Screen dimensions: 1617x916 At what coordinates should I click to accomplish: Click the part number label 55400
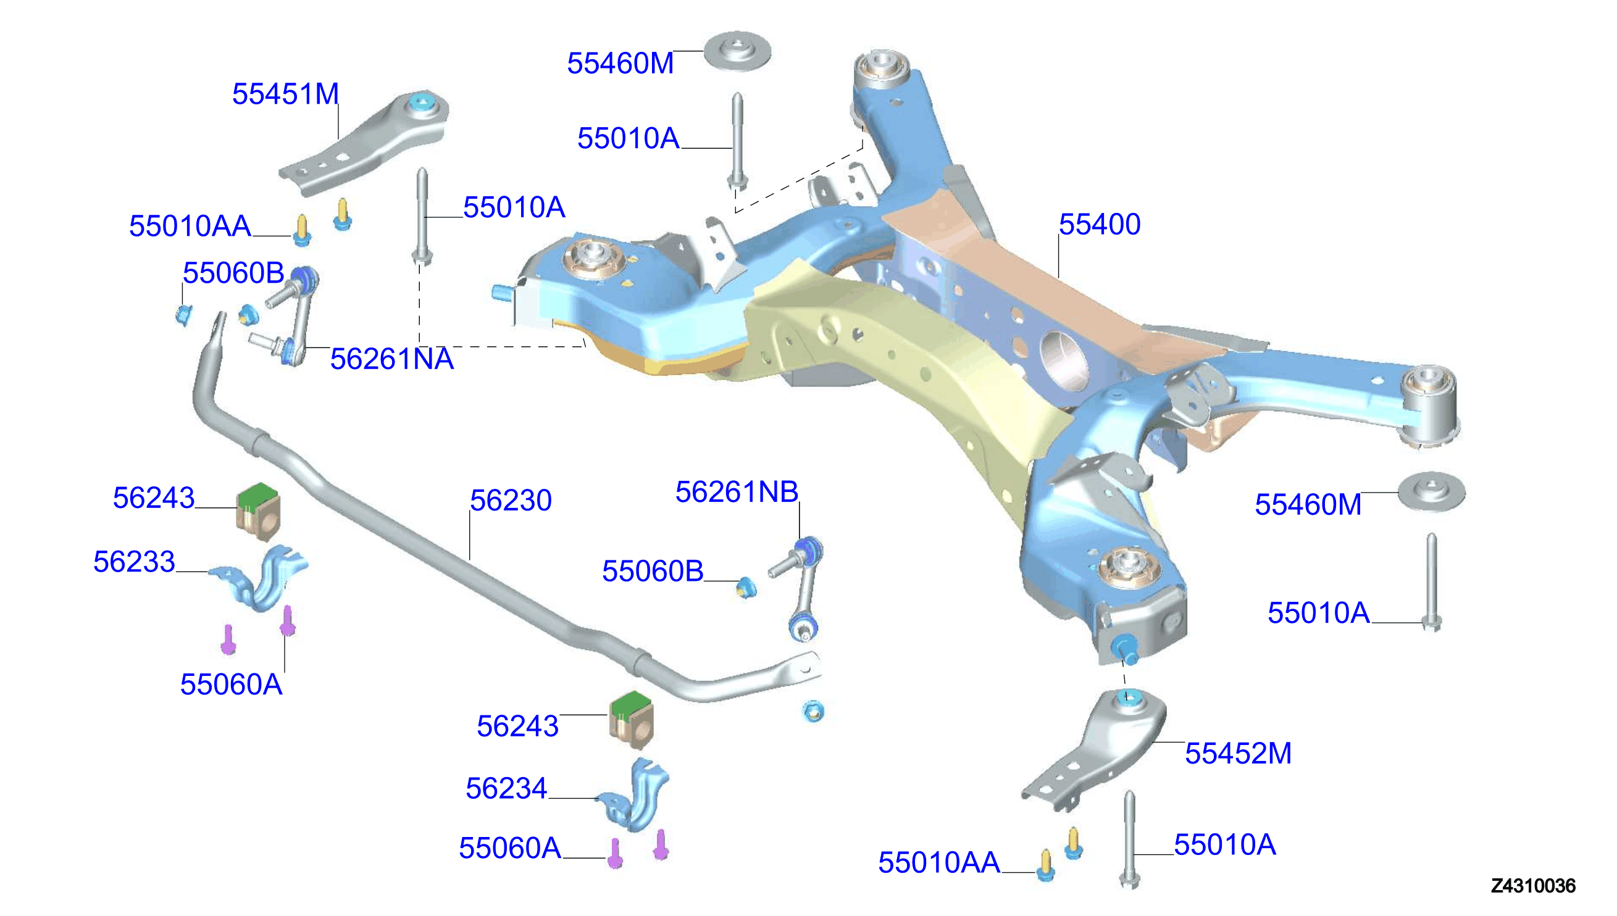1099,225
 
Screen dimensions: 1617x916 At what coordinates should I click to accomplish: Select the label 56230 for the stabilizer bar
511,501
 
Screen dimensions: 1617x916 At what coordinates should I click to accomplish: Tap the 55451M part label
286,94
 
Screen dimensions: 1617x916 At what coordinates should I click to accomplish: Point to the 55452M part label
1239,754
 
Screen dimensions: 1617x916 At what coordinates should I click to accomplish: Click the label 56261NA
392,359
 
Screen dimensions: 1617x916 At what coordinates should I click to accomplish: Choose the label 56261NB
737,492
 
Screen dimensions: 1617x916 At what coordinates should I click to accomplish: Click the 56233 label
134,562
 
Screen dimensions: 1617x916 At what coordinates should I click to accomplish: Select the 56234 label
506,789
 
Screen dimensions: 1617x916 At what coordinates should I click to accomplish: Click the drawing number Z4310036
1533,886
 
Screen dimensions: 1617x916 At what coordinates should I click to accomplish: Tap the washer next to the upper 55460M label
737,52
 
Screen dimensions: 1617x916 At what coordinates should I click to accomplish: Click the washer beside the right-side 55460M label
1431,492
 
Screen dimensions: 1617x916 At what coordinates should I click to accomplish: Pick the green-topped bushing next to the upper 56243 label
259,512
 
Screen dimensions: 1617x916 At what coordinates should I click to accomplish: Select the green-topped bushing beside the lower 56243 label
631,721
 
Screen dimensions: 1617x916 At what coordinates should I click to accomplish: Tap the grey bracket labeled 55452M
1095,749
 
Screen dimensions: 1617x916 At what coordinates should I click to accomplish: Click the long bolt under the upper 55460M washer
737,141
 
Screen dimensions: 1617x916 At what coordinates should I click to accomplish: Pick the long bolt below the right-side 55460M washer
1432,582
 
